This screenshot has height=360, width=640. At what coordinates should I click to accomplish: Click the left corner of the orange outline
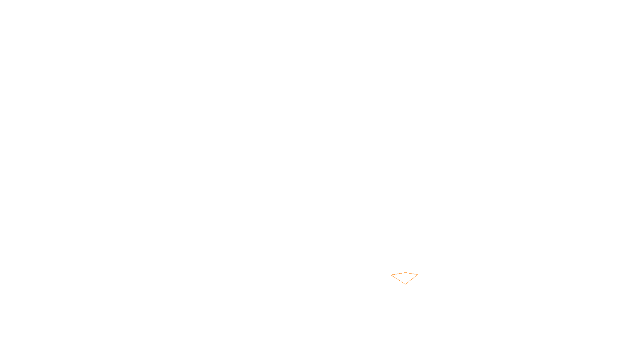391,275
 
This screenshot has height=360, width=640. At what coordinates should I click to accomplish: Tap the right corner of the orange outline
418,275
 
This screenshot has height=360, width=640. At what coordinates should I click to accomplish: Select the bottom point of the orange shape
405,284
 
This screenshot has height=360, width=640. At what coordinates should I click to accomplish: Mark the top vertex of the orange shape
405,272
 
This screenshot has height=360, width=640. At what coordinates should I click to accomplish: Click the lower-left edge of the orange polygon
398,280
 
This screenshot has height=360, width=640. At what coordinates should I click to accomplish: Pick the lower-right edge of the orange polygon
412,279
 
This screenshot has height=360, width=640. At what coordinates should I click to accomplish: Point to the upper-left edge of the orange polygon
398,274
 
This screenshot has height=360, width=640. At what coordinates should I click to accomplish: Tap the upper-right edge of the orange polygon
412,274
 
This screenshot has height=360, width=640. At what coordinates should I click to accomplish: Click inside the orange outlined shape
405,277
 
